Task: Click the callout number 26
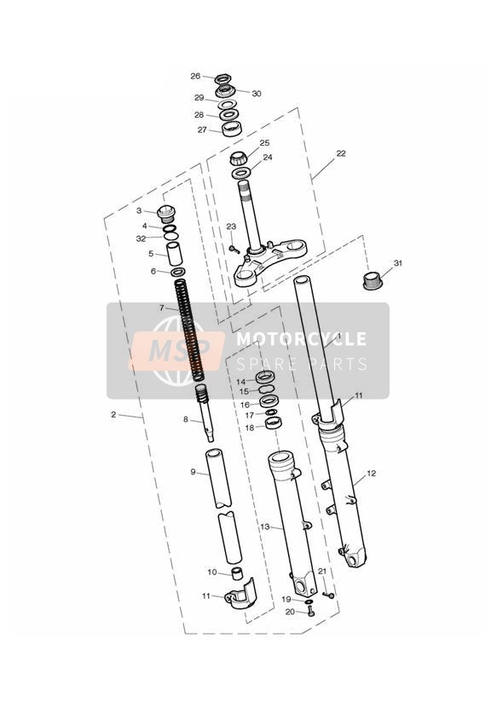tap(195, 76)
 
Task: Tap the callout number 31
tap(397, 262)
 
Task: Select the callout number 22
tap(341, 153)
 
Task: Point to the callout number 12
tap(371, 473)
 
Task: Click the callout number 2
tap(113, 415)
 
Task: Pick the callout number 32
tap(142, 239)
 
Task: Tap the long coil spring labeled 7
tap(189, 331)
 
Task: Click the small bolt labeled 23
tap(233, 249)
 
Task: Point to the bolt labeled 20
tap(311, 613)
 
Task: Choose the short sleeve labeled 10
tap(237, 573)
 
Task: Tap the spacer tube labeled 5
tap(175, 255)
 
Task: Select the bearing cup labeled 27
tap(232, 129)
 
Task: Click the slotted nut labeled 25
tap(239, 159)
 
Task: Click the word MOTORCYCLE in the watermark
tap(301, 338)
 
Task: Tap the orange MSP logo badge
tap(176, 350)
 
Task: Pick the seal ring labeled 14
tap(265, 377)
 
